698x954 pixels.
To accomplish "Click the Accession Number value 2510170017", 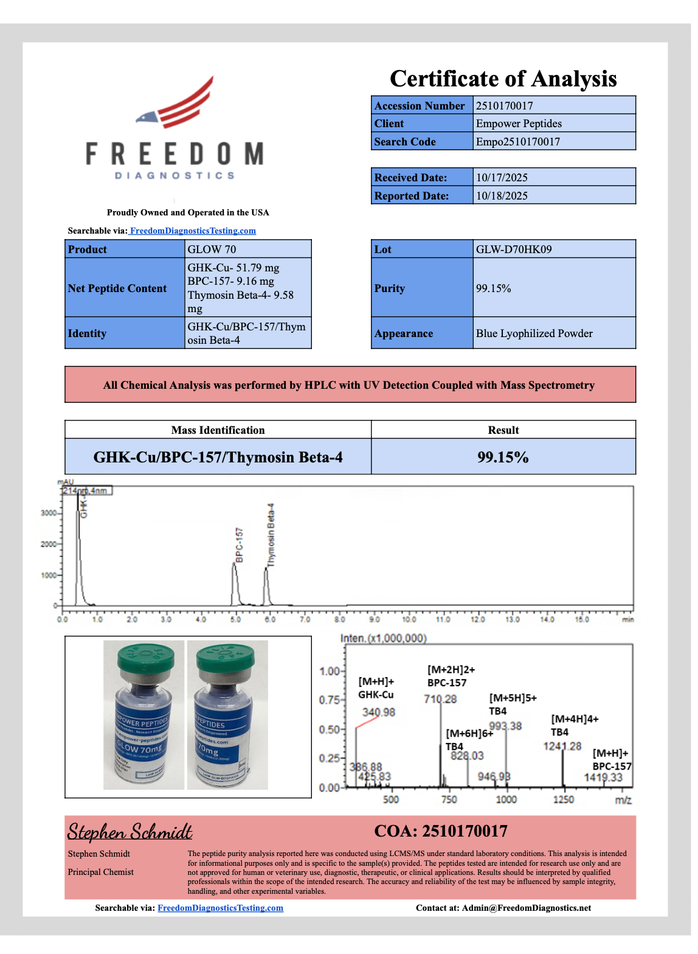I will pyautogui.click(x=504, y=106).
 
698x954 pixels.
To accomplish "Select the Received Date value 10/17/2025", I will pyautogui.click(x=502, y=178).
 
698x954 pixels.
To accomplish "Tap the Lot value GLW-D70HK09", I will pyautogui.click(x=514, y=249).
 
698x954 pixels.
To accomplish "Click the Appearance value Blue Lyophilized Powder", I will pyautogui.click(x=534, y=333).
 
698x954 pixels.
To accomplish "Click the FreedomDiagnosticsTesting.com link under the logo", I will pyautogui.click(x=193, y=231).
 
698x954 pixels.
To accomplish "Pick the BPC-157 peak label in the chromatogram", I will pyautogui.click(x=239, y=545).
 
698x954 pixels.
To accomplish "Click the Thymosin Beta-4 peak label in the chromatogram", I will pyautogui.click(x=271, y=535).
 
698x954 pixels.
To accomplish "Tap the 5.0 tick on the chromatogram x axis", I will pyautogui.click(x=235, y=619).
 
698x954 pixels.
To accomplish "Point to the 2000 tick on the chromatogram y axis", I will pyautogui.click(x=48, y=544).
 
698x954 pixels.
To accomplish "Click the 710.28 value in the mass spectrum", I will pyautogui.click(x=440, y=699).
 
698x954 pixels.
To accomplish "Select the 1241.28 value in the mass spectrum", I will pyautogui.click(x=562, y=747).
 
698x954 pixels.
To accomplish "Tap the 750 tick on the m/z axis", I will pyautogui.click(x=449, y=799).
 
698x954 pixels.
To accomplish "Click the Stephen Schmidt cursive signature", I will pyautogui.click(x=130, y=832).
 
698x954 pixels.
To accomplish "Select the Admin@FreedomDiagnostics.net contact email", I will pyautogui.click(x=526, y=908).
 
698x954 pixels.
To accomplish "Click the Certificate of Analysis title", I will pyautogui.click(x=503, y=79).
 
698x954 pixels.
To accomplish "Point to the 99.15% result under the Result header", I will pyautogui.click(x=503, y=457).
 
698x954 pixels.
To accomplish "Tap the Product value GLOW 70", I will pyautogui.click(x=212, y=249).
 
